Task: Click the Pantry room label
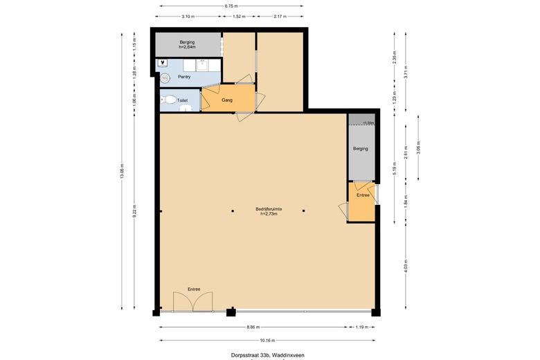coord(184,77)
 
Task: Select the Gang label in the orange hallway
coord(226,100)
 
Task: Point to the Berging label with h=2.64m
coord(187,44)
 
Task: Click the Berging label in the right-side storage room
coord(360,149)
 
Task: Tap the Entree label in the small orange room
coord(363,196)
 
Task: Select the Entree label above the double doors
coord(194,289)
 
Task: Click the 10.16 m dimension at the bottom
coord(267,340)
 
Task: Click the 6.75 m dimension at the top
coord(231,6)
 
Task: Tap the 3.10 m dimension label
coord(187,16)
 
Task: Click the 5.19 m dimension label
coord(395,165)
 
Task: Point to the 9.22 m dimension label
coord(135,211)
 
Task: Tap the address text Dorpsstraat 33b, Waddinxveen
coord(267,355)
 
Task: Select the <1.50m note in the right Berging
coord(369,123)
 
